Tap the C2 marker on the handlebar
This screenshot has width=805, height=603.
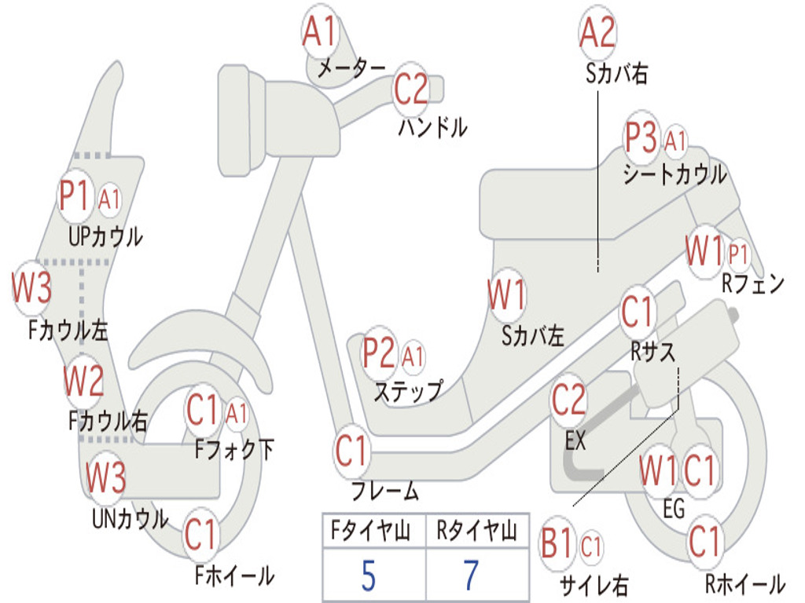pyautogui.click(x=410, y=89)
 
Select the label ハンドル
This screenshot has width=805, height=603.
pyautogui.click(x=432, y=126)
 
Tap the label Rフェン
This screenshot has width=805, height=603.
pyautogui.click(x=753, y=284)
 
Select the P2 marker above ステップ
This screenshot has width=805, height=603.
pyautogui.click(x=379, y=354)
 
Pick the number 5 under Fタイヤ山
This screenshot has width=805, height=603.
pyautogui.click(x=368, y=576)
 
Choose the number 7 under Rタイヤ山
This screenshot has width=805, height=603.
pyautogui.click(x=471, y=576)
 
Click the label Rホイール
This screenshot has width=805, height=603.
pyautogui.click(x=744, y=584)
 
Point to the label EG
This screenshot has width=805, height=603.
pyautogui.click(x=674, y=508)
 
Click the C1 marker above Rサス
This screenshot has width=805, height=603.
pyautogui.click(x=638, y=312)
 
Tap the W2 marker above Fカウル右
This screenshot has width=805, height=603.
pyautogui.click(x=83, y=382)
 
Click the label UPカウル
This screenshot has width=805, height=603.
pyautogui.click(x=105, y=236)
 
